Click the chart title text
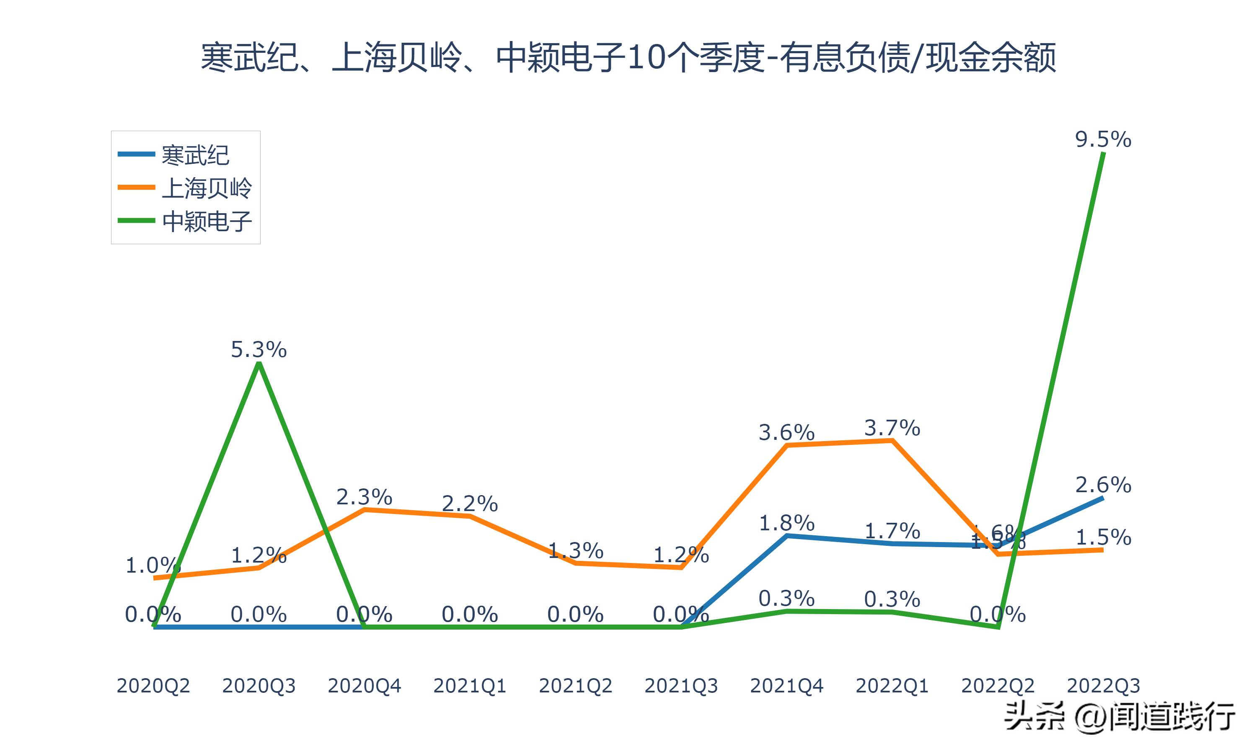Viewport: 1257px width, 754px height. click(628, 57)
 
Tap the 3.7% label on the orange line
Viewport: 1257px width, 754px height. click(892, 428)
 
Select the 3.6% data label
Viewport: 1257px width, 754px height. click(786, 432)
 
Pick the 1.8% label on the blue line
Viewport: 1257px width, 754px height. click(786, 523)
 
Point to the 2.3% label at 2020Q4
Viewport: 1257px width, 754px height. click(364, 496)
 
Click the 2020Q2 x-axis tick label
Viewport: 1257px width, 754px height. click(153, 685)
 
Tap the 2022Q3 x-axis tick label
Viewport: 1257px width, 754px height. click(1103, 685)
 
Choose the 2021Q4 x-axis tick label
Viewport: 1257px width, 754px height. click(786, 685)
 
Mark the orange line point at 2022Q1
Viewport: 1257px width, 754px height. click(892, 441)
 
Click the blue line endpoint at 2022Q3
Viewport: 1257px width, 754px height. click(1102, 498)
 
